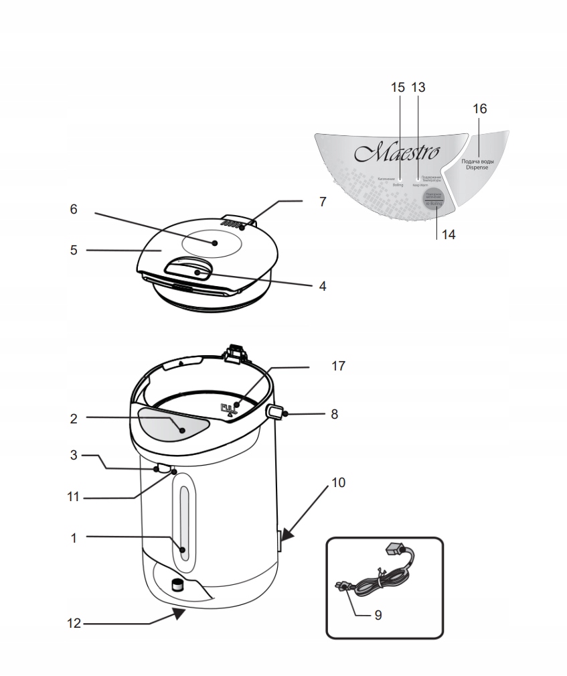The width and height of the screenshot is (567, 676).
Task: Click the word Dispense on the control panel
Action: tap(477, 168)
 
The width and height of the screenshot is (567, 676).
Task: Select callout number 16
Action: tap(479, 109)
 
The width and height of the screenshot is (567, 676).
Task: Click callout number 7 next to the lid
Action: tap(323, 201)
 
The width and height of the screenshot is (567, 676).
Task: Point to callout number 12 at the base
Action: tap(74, 623)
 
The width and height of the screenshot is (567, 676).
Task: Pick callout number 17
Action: tap(339, 366)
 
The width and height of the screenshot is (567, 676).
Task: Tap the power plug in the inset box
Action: tap(342, 586)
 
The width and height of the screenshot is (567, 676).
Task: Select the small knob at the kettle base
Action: tap(177, 585)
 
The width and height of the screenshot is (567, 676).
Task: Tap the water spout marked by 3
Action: tap(161, 468)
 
